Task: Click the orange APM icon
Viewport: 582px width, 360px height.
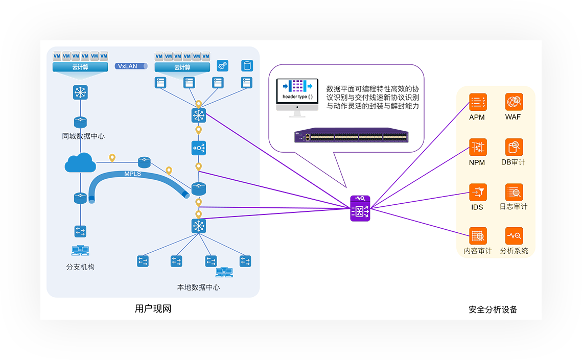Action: [478, 102]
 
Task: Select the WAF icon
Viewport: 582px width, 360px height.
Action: [514, 102]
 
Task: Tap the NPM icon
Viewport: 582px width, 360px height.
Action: [478, 147]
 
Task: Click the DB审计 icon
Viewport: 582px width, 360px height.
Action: [514, 147]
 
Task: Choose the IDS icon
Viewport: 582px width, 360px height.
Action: [478, 192]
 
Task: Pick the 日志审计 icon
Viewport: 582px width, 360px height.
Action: [514, 192]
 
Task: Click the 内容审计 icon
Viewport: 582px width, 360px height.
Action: [478, 236]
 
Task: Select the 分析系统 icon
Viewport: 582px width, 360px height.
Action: [514, 236]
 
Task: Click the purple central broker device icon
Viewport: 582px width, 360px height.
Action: [360, 208]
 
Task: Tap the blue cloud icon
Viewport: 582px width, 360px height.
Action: [80, 163]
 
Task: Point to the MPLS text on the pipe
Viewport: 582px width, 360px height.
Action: [132, 174]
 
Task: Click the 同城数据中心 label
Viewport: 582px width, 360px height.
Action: [83, 136]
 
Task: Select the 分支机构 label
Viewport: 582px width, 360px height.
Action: [80, 267]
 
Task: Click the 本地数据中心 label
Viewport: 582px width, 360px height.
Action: [198, 287]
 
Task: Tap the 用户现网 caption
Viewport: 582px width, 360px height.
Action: [152, 309]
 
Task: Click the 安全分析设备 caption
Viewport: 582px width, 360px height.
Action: [493, 309]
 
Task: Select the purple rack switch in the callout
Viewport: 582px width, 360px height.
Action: [351, 136]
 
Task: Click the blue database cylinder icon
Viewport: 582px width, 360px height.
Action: [247, 66]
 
